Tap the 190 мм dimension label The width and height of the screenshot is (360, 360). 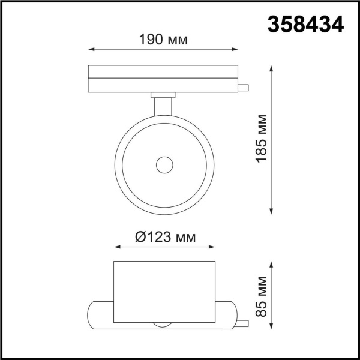click(x=164, y=40)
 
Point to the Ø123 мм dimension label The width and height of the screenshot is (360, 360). click(x=165, y=237)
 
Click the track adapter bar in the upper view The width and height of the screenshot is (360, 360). click(x=163, y=78)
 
